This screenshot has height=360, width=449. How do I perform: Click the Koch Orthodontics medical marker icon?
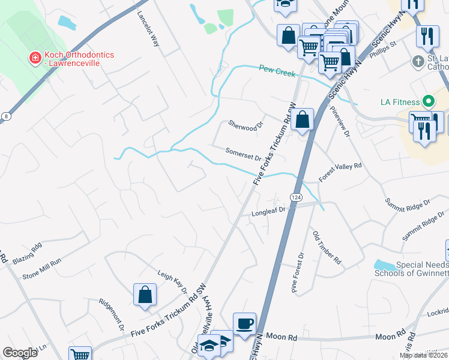coord(35,58)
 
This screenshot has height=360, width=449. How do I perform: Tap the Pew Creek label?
coord(277,71)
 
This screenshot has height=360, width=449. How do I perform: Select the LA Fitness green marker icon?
coord(429,101)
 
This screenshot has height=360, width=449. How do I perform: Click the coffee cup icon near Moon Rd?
coord(244,323)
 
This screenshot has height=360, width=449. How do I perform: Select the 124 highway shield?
coord(296,197)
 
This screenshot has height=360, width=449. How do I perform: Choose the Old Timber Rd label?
coord(327,247)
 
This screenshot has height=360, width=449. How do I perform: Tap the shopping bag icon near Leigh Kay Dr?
coord(145,295)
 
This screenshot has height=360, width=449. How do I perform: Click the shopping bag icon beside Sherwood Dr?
coord(304,119)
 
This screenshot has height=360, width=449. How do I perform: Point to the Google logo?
coord(20,353)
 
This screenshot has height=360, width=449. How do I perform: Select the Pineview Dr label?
coord(340,122)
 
